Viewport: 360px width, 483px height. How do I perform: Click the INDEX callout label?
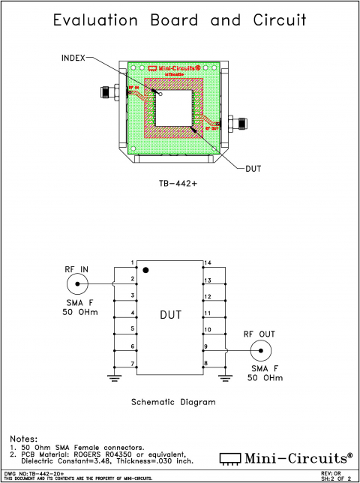pos(73,57)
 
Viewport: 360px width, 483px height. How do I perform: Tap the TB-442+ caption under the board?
pos(178,182)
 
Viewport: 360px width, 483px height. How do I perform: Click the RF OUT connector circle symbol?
pos(259,351)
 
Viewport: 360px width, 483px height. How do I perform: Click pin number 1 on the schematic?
pos(132,262)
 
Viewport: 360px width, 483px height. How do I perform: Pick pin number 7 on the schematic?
pos(132,364)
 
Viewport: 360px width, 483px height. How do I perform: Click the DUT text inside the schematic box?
pos(170,315)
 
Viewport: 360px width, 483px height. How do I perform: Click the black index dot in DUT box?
pos(147,268)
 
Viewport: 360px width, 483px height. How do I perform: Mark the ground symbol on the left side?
pos(114,377)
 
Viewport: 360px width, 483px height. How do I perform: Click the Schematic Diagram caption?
pos(173,402)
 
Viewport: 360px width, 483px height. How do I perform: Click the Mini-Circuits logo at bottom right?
pos(285,457)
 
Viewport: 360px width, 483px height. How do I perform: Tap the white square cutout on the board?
pos(173,107)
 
